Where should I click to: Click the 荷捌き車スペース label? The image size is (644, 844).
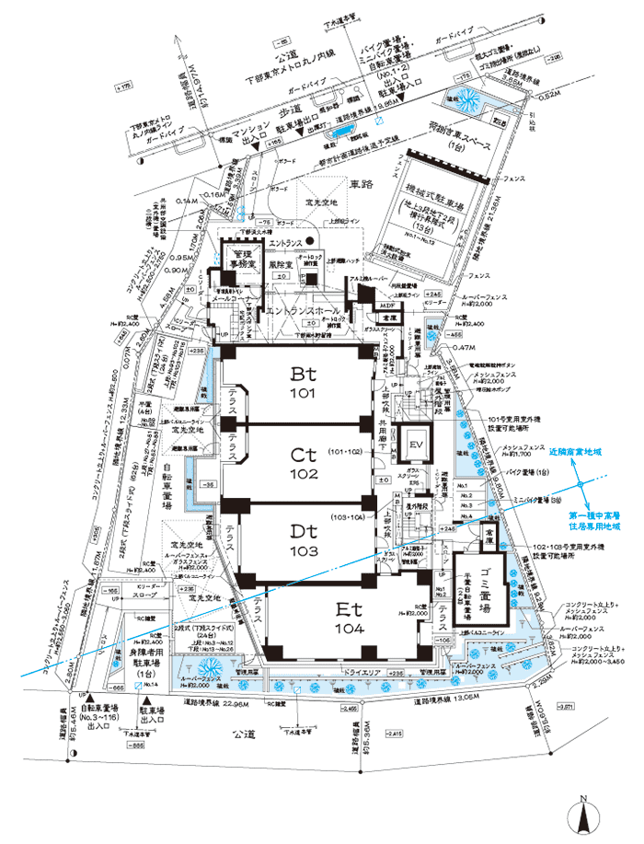451,139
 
